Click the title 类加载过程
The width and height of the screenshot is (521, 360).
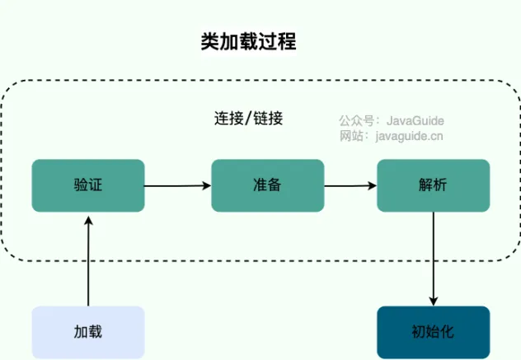coord(248,42)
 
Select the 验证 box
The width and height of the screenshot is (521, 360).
coord(88,185)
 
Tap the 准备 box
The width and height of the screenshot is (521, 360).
coord(268,185)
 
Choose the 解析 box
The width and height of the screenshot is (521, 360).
coord(433,185)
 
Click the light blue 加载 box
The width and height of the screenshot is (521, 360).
coord(88,332)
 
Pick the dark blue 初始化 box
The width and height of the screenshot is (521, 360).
coord(433,332)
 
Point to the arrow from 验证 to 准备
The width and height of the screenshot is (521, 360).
coord(177,186)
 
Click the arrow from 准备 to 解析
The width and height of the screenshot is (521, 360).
coord(350,186)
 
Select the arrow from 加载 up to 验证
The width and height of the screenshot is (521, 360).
coord(87,259)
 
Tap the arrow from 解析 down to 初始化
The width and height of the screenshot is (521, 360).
coord(434,259)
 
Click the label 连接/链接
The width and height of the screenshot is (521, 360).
coord(248,118)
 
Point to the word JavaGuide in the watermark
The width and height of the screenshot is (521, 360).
coord(415,120)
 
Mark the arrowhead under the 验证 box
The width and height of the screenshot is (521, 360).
coord(87,217)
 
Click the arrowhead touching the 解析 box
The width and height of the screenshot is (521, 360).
coord(372,186)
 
